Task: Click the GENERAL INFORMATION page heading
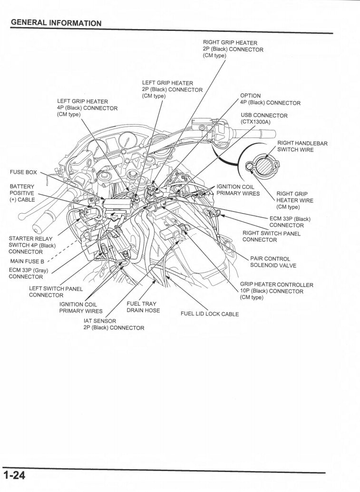pyautogui.click(x=56, y=23)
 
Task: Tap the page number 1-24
pyautogui.click(x=15, y=476)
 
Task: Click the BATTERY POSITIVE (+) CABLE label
pyautogui.click(x=22, y=193)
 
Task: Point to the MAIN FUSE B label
pyautogui.click(x=27, y=261)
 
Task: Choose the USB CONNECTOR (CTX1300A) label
pyautogui.click(x=264, y=118)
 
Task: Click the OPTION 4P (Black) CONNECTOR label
pyautogui.click(x=270, y=99)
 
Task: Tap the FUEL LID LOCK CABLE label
pyautogui.click(x=210, y=314)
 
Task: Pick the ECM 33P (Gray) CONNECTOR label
pyautogui.click(x=29, y=273)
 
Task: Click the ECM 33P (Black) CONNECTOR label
pyautogui.click(x=290, y=222)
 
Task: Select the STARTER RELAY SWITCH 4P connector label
pyautogui.click(x=32, y=245)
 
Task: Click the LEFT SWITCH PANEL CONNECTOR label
pyautogui.click(x=56, y=292)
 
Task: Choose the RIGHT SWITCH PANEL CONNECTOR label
pyautogui.click(x=272, y=236)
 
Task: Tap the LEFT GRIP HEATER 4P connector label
pyautogui.click(x=87, y=108)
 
